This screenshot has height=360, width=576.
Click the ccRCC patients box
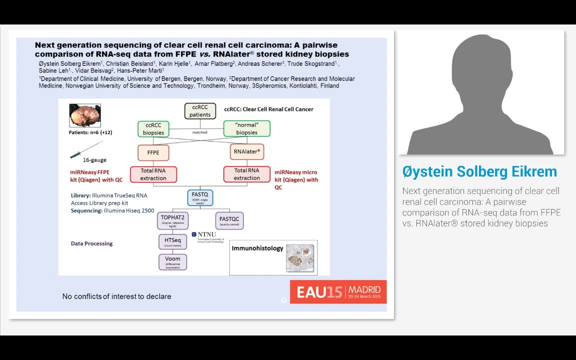click(x=200, y=110)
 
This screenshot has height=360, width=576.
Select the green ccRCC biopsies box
click(x=153, y=128)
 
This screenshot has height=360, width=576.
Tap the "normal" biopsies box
click(x=246, y=128)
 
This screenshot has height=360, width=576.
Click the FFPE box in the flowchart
click(x=153, y=152)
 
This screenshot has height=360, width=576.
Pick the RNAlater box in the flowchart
click(x=246, y=151)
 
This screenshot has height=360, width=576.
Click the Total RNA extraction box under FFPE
click(x=153, y=174)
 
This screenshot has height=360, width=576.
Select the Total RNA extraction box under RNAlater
click(x=246, y=174)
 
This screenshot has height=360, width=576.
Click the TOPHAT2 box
click(x=172, y=220)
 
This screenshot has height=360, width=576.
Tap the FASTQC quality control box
click(x=229, y=220)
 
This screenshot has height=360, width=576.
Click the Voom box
click(x=172, y=261)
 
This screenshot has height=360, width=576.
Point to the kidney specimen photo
click(x=84, y=115)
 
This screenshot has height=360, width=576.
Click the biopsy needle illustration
click(x=86, y=150)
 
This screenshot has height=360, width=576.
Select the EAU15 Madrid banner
click(x=338, y=291)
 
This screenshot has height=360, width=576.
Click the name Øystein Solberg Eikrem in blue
click(x=479, y=171)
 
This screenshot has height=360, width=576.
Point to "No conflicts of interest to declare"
click(x=116, y=296)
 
